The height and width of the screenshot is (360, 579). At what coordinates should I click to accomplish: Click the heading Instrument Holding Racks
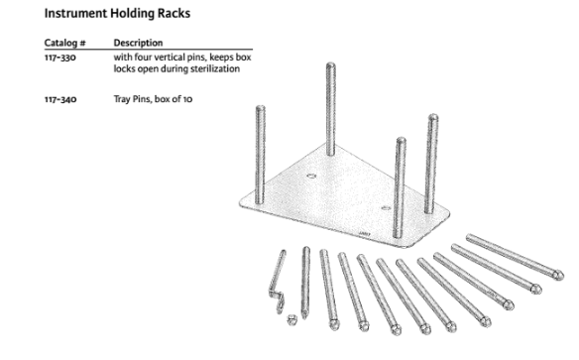pyautogui.click(x=117, y=14)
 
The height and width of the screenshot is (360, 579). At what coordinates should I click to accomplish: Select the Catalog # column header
pyautogui.click(x=65, y=43)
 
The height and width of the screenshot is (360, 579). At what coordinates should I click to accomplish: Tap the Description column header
pyautogui.click(x=138, y=43)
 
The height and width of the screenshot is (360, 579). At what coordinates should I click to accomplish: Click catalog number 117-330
pyautogui.click(x=60, y=58)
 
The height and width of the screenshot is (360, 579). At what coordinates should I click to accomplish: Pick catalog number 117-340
pyautogui.click(x=60, y=99)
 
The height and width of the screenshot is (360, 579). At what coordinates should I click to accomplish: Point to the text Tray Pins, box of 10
pyautogui.click(x=153, y=99)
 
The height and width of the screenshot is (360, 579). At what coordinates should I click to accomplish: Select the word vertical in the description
pyautogui.click(x=168, y=58)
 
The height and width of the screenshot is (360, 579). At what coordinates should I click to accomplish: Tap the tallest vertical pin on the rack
pyautogui.click(x=330, y=109)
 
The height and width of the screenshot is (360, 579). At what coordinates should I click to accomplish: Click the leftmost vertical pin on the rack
pyautogui.click(x=261, y=155)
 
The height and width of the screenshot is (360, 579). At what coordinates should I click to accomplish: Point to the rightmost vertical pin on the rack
pyautogui.click(x=431, y=164)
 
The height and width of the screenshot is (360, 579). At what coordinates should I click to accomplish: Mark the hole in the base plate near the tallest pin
pyautogui.click(x=311, y=177)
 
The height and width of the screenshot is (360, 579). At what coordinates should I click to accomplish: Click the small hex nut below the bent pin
pyautogui.click(x=292, y=319)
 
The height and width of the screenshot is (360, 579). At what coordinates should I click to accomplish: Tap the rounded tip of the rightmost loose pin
pyautogui.click(x=558, y=276)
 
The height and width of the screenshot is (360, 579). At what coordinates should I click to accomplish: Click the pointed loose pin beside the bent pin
pyautogui.click(x=305, y=283)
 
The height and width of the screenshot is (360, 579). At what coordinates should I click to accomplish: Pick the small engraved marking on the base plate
pyautogui.click(x=365, y=234)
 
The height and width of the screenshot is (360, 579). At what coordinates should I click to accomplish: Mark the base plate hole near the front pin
pyautogui.click(x=386, y=208)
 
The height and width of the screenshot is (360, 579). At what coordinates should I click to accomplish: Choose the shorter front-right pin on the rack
pyautogui.click(x=400, y=187)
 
